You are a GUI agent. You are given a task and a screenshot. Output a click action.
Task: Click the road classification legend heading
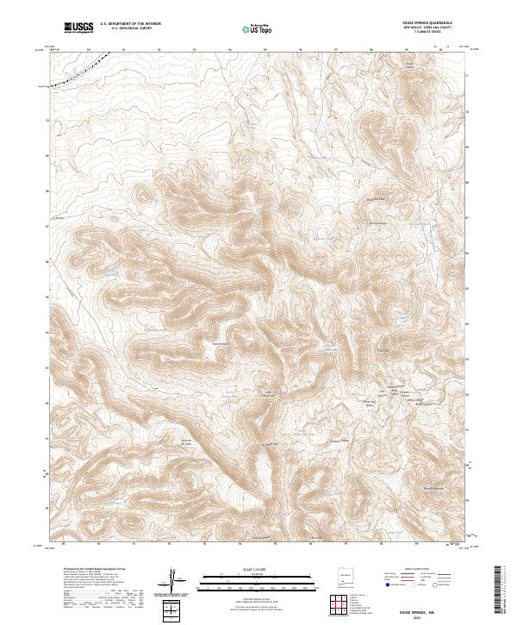point(419,570)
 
